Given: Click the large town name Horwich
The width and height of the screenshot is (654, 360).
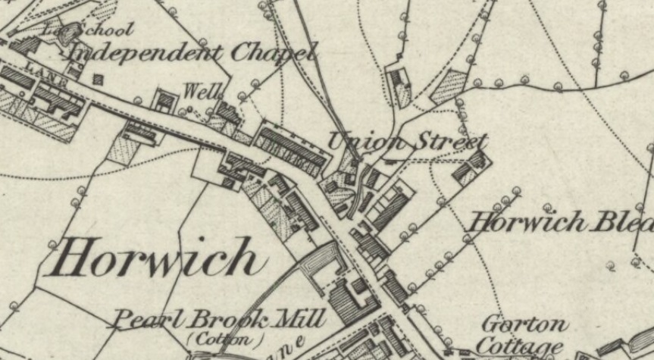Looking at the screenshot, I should tap(155, 258).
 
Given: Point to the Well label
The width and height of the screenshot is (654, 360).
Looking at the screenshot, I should tap(202, 92).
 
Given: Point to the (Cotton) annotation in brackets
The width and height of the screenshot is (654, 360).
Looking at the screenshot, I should tap(226, 338).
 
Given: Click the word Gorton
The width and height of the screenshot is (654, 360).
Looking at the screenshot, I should tap(525, 325).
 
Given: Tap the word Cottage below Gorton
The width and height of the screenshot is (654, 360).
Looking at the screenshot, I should tap(521, 346).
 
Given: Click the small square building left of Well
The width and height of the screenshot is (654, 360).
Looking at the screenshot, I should tap(164, 99).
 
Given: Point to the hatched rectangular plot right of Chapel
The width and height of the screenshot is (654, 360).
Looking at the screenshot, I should tap(449, 86).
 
